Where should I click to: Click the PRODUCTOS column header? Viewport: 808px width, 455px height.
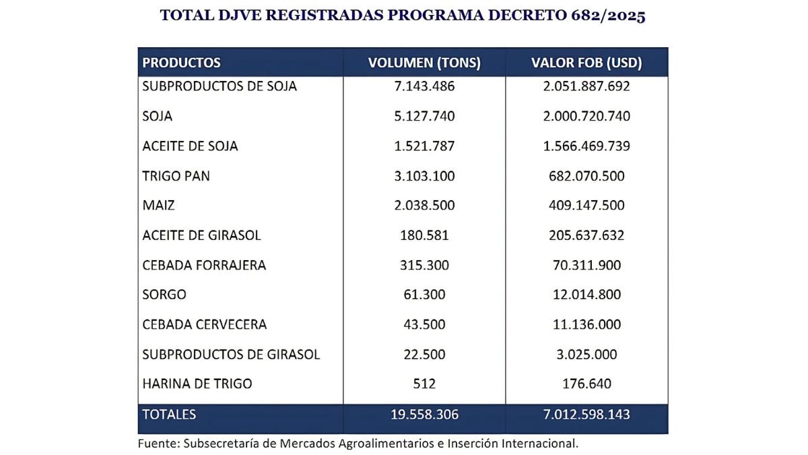181,63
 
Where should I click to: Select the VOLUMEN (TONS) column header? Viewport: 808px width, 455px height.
424,63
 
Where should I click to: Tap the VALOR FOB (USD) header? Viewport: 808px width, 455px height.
586,63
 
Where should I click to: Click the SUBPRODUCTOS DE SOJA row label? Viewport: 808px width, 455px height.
220,86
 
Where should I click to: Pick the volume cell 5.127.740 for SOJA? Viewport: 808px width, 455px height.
424,116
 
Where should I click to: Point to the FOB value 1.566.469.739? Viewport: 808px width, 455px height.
586,146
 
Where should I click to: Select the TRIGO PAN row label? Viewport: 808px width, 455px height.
176,176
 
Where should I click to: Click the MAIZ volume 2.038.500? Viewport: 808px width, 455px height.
424,206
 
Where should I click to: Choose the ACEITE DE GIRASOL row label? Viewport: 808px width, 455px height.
201,235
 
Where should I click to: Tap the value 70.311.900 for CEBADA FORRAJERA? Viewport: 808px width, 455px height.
586,265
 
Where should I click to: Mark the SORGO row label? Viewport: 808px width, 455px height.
164,295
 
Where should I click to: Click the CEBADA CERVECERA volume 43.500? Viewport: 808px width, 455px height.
424,324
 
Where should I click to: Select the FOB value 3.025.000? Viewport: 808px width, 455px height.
586,354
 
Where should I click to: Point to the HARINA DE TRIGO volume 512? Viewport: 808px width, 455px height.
424,384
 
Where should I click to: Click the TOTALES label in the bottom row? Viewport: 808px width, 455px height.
169,414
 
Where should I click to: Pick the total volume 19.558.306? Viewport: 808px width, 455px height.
424,414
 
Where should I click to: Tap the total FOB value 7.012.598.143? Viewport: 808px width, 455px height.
586,414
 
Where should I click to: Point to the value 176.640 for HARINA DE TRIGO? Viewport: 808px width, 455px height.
586,384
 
